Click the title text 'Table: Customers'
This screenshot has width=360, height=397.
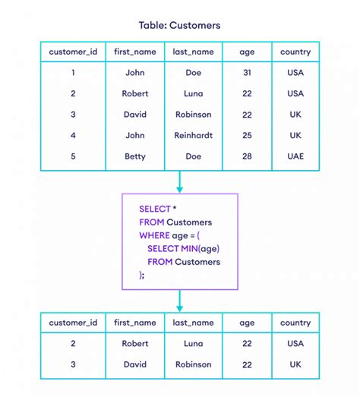click(179, 25)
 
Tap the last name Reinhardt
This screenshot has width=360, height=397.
click(193, 134)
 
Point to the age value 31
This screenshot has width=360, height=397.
click(247, 74)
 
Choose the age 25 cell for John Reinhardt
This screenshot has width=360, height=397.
click(247, 134)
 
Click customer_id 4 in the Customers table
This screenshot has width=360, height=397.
click(73, 134)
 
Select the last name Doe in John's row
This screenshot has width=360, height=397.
click(193, 74)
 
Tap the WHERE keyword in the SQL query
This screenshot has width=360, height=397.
click(154, 235)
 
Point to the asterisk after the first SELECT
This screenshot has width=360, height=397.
click(175, 209)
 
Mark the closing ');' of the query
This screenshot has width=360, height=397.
click(141, 275)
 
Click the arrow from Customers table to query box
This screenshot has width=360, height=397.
click(179, 182)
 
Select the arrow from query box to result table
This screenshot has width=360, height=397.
click(179, 301)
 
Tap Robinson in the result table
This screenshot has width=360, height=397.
click(193, 364)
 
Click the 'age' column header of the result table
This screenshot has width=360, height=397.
click(247, 323)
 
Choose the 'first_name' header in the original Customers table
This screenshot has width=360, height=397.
click(135, 52)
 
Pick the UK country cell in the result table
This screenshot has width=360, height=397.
click(295, 364)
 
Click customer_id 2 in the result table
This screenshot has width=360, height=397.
click(73, 343)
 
